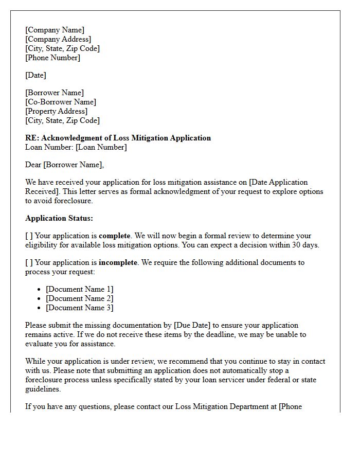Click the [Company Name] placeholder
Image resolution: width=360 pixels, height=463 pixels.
click(x=55, y=30)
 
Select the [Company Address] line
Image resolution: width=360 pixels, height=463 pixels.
click(x=58, y=39)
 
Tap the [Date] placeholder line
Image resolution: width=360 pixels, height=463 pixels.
click(x=35, y=75)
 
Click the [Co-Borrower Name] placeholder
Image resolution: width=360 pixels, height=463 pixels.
click(x=61, y=102)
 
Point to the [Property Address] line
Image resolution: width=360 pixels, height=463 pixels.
click(x=57, y=111)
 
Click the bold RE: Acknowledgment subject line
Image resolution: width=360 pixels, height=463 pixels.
click(x=118, y=138)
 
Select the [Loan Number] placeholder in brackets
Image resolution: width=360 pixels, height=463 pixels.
click(x=101, y=147)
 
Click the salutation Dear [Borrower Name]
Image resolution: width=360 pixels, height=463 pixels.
click(x=64, y=165)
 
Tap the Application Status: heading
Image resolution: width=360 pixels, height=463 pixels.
click(x=59, y=218)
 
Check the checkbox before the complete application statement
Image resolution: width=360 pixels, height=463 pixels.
click(x=29, y=236)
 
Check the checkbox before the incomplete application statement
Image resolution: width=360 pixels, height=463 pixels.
click(x=29, y=262)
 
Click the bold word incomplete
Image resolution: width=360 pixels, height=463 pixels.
click(x=118, y=262)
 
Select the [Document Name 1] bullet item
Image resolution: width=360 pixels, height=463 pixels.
click(x=80, y=289)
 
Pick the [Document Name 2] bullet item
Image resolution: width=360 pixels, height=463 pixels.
click(x=80, y=298)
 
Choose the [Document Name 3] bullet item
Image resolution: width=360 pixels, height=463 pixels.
click(x=80, y=308)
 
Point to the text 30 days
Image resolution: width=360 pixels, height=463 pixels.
click(x=304, y=245)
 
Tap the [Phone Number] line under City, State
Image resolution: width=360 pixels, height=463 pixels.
click(x=52, y=58)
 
